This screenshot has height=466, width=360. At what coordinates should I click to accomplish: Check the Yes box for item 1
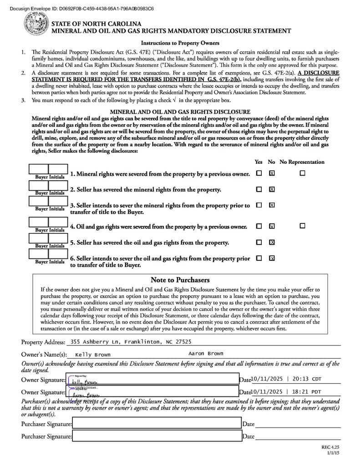pyautogui.click(x=259, y=173)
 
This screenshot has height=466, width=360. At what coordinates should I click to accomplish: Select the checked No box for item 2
pyautogui.click(x=272, y=189)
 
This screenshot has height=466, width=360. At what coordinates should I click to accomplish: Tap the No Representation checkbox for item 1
pyautogui.click(x=302, y=173)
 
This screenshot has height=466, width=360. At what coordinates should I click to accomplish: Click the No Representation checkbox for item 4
pyautogui.click(x=302, y=226)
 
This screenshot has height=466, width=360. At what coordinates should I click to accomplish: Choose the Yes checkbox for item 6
pyautogui.click(x=259, y=258)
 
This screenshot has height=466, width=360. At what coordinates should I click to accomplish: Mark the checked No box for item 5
pyautogui.click(x=272, y=242)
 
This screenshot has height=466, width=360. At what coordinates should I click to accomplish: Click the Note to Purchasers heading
pyautogui.click(x=180, y=280)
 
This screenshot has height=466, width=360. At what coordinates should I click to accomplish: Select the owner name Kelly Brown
pyautogui.click(x=93, y=355)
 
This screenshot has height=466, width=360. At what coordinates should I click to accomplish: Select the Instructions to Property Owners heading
pyautogui.click(x=180, y=43)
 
